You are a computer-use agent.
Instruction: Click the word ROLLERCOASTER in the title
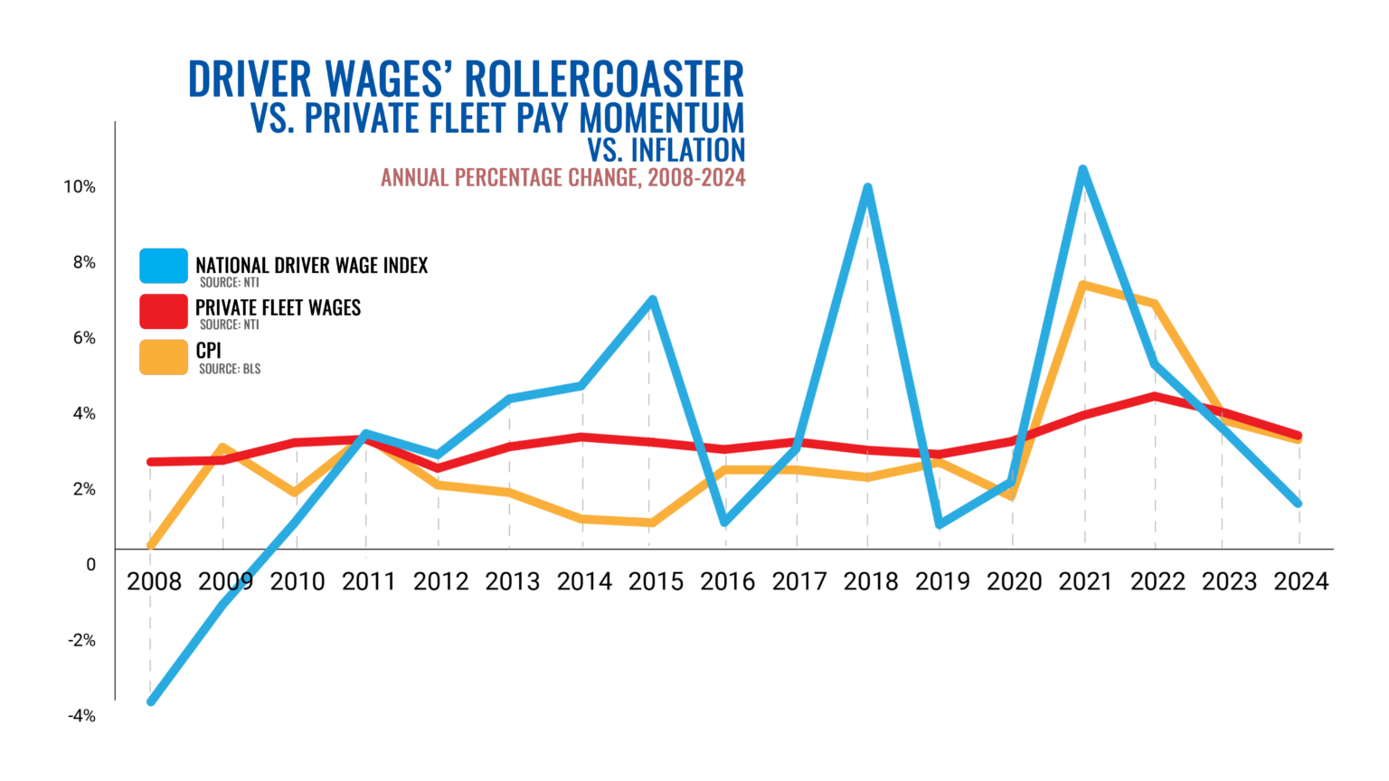[606, 80]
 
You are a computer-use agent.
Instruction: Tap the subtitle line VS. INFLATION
[666, 149]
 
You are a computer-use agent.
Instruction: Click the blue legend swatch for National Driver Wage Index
[164, 267]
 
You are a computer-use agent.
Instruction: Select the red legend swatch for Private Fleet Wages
[164, 311]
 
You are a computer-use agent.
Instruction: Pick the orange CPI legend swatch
[164, 356]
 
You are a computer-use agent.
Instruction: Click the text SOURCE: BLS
[230, 369]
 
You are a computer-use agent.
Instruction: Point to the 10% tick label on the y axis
[80, 187]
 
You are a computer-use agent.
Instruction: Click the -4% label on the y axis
[81, 716]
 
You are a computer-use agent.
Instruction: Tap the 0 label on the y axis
[90, 565]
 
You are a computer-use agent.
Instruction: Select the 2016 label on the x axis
[727, 582]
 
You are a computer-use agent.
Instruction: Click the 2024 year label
[1300, 582]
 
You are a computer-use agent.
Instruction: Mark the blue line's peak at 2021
[1082, 170]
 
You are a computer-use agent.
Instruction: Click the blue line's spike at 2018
[867, 189]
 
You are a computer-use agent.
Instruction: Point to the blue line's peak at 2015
[652, 300]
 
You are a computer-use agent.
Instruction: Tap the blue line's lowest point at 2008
[151, 701]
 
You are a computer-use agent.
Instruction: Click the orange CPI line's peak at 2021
[1083, 286]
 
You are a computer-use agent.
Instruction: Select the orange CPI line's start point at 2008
[151, 545]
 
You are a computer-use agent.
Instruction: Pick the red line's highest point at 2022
[1155, 396]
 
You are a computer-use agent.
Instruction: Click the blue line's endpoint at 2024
[1299, 503]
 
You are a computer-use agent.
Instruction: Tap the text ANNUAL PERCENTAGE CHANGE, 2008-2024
[562, 177]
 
